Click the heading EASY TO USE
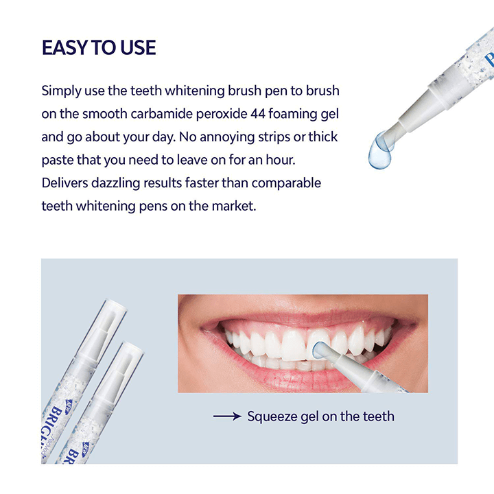99,47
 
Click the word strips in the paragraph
266,137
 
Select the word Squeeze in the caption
274,416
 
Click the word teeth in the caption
378,416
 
